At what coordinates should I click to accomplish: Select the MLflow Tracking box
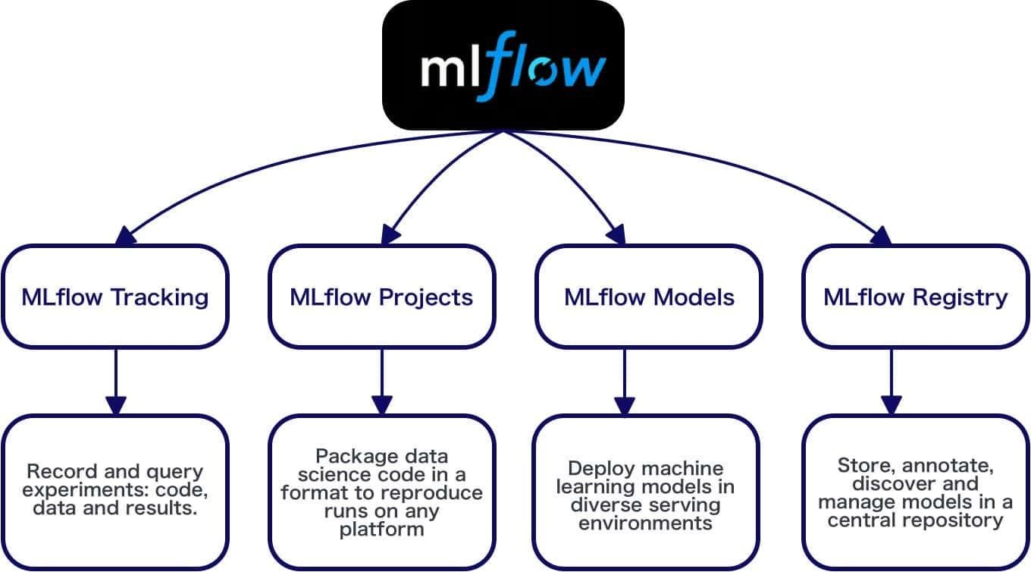[x=115, y=296]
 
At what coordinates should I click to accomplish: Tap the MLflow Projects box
[x=381, y=296]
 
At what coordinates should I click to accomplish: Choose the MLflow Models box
[x=649, y=296]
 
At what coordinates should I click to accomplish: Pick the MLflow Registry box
[x=916, y=296]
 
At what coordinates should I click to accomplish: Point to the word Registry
[x=960, y=297]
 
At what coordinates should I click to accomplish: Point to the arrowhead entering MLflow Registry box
[x=881, y=237]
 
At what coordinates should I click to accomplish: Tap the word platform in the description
[x=381, y=529]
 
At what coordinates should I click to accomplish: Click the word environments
[x=645, y=523]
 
